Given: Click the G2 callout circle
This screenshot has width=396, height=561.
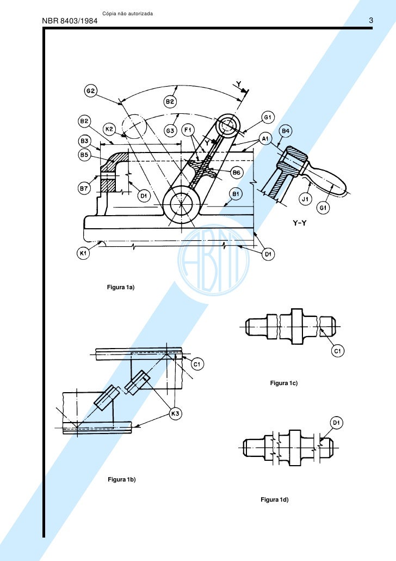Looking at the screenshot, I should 90,91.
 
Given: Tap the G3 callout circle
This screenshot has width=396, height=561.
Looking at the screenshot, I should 170,131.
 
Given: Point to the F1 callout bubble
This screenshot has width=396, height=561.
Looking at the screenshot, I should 188,131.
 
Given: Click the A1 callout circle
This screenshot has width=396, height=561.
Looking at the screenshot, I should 266,139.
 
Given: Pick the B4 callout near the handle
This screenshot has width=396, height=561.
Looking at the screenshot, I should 286,131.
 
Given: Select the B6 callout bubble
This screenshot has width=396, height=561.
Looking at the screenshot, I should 237,173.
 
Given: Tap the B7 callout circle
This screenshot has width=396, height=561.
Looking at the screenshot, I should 84,188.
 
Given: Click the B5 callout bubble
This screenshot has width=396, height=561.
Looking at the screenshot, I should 84,155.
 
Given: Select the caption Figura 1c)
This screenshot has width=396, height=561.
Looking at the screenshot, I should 284,384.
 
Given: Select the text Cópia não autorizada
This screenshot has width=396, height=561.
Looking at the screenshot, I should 127,13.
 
